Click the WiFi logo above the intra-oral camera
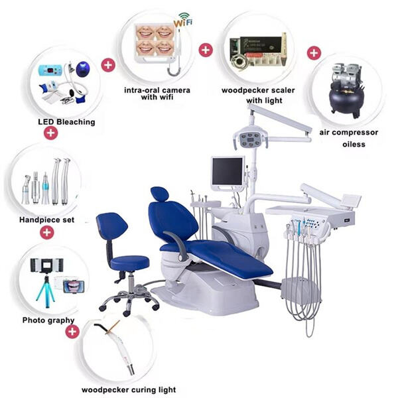tap(183, 20)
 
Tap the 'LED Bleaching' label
tap(66, 122)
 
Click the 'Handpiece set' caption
tap(47, 220)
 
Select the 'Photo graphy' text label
tap(48, 320)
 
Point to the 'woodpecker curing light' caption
tap(129, 389)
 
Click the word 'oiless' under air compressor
tap(354, 144)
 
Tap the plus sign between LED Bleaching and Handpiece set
tap(51, 133)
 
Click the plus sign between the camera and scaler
tap(206, 50)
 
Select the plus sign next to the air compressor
tap(314, 53)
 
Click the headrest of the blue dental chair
tap(160, 194)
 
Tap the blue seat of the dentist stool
tap(130, 263)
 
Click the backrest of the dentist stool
tap(111, 226)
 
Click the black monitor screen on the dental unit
tap(228, 171)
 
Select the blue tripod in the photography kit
tap(46, 292)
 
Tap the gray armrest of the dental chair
tap(177, 245)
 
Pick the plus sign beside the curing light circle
tap(72, 332)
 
